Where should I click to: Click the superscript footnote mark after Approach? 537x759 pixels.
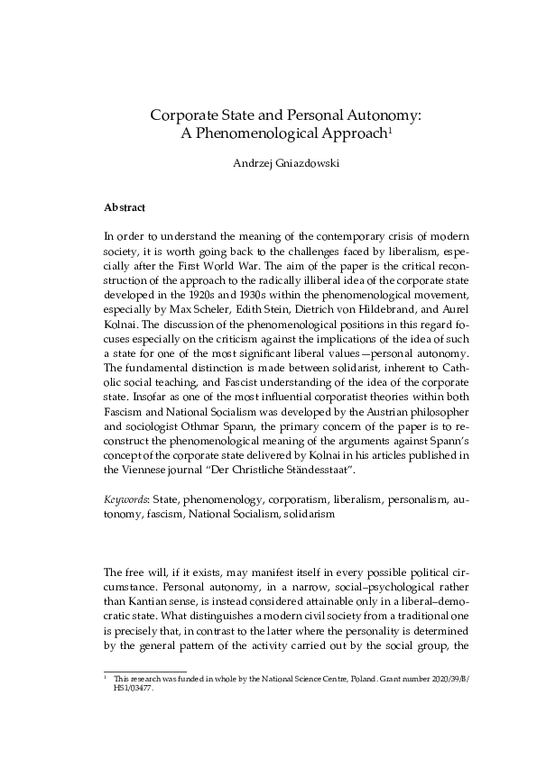coord(389,130)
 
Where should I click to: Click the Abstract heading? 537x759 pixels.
coord(125,207)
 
